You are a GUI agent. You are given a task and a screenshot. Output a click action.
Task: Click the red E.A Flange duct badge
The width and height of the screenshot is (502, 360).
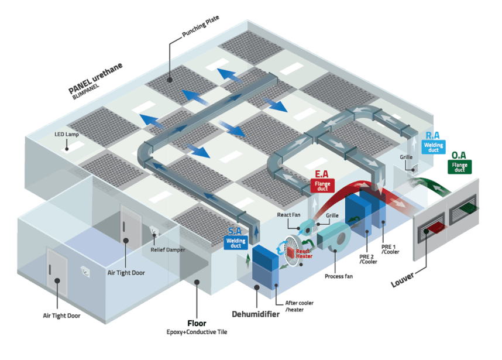[322, 186]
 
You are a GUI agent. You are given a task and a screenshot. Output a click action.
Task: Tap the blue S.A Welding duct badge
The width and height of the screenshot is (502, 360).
[236, 243]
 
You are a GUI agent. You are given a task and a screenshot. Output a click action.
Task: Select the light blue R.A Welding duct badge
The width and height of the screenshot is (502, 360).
[433, 147]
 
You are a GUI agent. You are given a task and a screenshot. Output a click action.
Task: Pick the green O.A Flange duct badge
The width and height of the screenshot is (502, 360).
[459, 167]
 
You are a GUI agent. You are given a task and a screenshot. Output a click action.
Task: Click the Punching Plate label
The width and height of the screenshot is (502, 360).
[201, 26]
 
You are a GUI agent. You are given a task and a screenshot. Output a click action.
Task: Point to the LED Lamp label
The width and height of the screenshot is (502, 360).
[67, 134]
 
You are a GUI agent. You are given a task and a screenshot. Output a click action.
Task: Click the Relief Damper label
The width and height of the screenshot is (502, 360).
[168, 249]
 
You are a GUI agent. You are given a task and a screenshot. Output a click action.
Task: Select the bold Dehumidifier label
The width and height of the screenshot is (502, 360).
[256, 314]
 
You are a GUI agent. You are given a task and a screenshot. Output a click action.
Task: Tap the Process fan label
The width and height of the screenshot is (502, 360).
[339, 276]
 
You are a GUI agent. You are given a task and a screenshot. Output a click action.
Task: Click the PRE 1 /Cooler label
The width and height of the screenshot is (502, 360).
[390, 249]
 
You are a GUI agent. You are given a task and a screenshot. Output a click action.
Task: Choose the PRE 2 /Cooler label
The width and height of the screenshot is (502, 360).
[368, 259]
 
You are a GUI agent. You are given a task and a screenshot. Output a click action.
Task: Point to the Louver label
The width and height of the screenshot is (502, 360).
[403, 280]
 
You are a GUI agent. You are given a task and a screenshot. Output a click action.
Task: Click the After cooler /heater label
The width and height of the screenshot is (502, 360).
[299, 306]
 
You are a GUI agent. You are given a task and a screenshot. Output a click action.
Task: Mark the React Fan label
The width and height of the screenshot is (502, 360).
[288, 215]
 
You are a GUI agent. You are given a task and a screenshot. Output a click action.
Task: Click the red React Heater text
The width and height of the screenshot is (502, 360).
[304, 253]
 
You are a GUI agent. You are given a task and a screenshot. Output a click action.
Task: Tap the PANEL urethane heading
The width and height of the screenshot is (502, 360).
[95, 78]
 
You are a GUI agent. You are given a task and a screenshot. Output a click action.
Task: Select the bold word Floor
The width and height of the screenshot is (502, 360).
[197, 323]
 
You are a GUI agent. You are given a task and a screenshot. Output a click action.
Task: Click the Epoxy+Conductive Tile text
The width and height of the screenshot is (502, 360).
[197, 332]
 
